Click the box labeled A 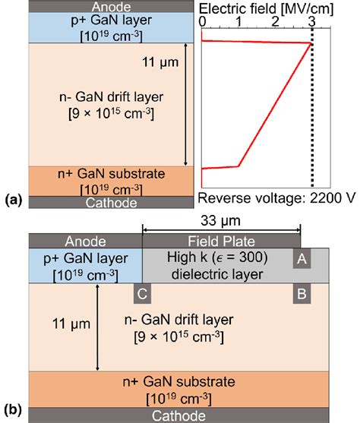302,259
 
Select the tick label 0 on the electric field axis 202,23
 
